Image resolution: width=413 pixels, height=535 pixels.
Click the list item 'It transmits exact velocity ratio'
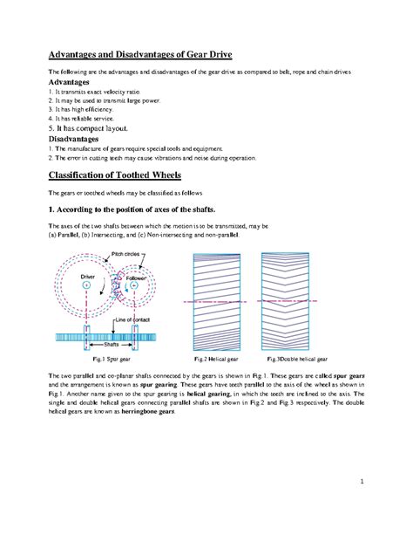91,92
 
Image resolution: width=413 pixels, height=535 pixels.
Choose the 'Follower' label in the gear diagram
144,277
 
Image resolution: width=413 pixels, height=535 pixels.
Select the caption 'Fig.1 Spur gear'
105,360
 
